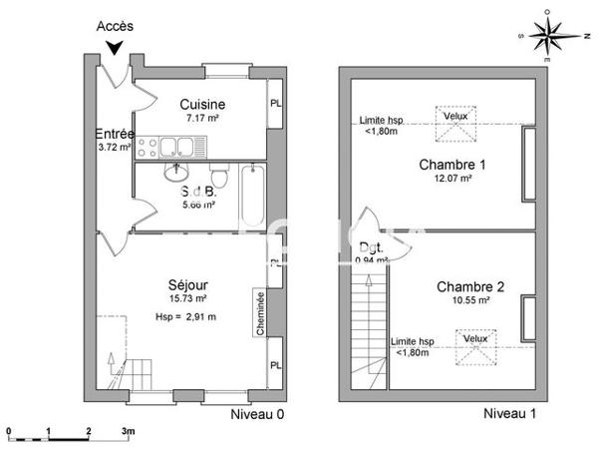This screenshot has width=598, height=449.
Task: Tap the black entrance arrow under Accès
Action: coord(118,47)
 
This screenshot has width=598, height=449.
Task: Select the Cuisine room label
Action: coord(202,105)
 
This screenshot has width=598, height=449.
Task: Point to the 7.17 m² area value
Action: coord(202,119)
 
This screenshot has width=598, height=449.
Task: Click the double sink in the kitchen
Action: coord(175,149)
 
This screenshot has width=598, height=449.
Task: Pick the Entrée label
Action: coord(115,134)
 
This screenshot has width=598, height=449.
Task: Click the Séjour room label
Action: coord(187,283)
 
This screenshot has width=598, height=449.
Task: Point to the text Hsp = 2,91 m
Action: coord(187,316)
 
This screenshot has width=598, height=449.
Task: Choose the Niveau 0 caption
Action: coord(258,413)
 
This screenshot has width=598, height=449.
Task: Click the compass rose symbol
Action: coord(547,35)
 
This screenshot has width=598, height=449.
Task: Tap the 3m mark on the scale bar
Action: coord(129,430)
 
